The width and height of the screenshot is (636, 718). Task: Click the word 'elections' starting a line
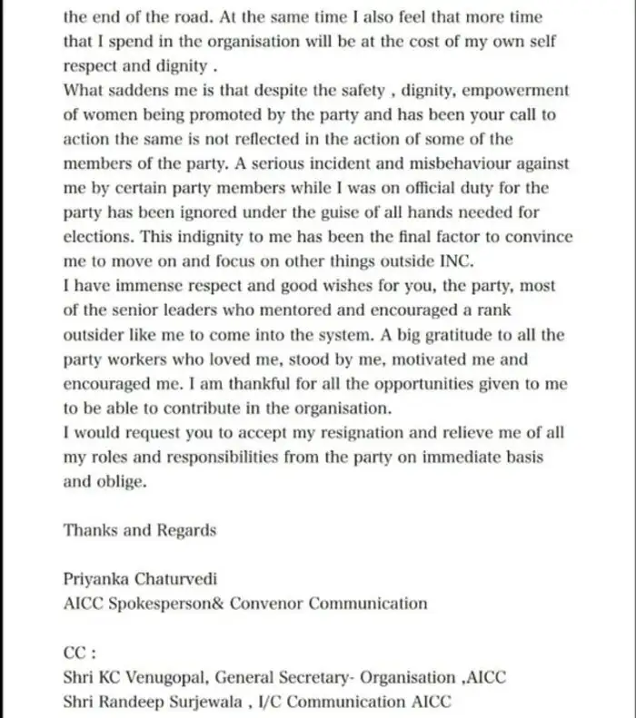(x=98, y=238)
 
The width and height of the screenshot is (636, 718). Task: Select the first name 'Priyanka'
(x=97, y=579)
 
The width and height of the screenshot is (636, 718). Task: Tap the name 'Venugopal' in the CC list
(x=170, y=677)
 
